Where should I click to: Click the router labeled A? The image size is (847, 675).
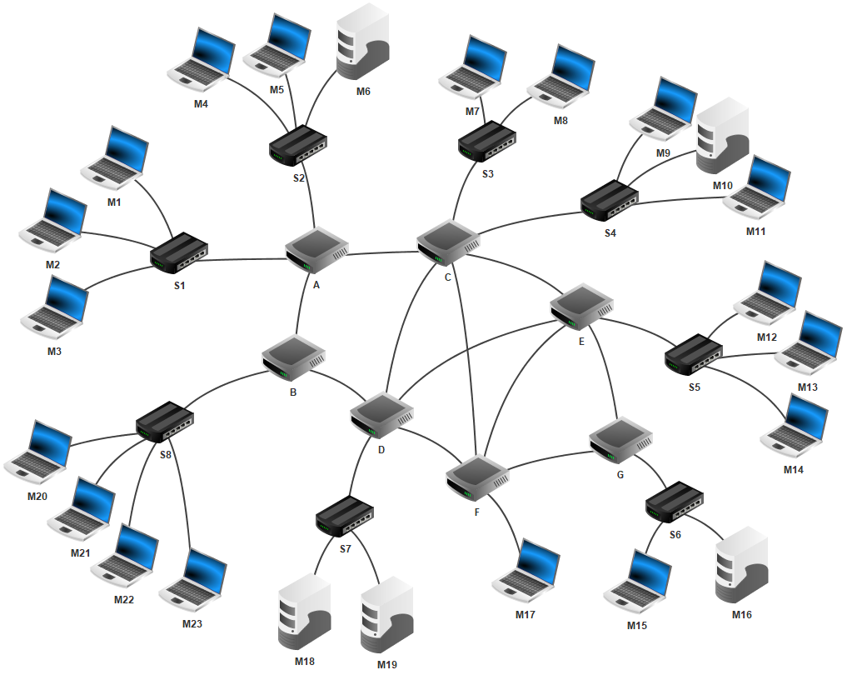pos(316,248)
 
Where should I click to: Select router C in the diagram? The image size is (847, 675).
pos(449,241)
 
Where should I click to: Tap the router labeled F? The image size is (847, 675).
pos(476,477)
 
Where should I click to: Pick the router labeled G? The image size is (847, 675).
pos(620,441)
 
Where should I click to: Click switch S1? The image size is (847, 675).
pos(178,254)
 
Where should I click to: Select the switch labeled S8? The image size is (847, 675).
pos(165,422)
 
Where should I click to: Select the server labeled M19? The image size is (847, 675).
pos(386,614)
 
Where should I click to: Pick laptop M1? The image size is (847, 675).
pos(116,157)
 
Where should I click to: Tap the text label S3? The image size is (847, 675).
pos(487,174)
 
